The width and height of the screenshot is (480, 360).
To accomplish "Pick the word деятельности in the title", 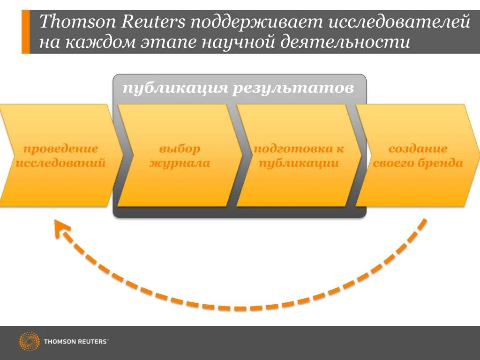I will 345,43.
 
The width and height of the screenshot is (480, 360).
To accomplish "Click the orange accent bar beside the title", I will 25,32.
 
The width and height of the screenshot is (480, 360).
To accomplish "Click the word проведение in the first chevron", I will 60,149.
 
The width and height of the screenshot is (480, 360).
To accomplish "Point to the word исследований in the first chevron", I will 60,163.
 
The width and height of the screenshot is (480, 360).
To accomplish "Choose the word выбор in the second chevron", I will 180,149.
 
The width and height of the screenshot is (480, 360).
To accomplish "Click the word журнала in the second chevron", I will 180,163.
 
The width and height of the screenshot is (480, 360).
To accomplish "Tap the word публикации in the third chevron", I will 298,163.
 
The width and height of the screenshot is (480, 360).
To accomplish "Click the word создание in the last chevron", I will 418,149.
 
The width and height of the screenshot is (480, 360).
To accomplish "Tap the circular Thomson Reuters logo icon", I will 29,341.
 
